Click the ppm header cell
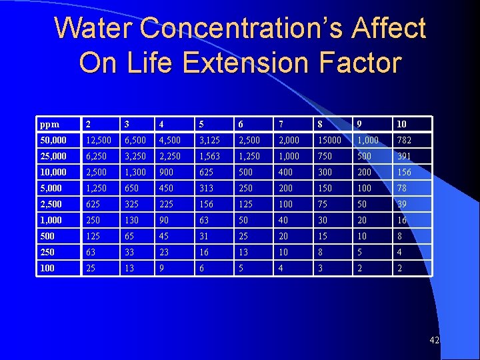tap(49, 124)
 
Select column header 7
tap(283, 124)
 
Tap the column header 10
tap(401, 124)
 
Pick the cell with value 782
tap(404, 140)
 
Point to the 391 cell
tap(404, 156)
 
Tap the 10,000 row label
tap(53, 172)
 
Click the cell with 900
tap(166, 172)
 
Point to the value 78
tap(401, 188)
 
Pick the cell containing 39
tap(401, 204)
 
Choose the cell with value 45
tap(163, 236)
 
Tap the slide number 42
tap(434, 341)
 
